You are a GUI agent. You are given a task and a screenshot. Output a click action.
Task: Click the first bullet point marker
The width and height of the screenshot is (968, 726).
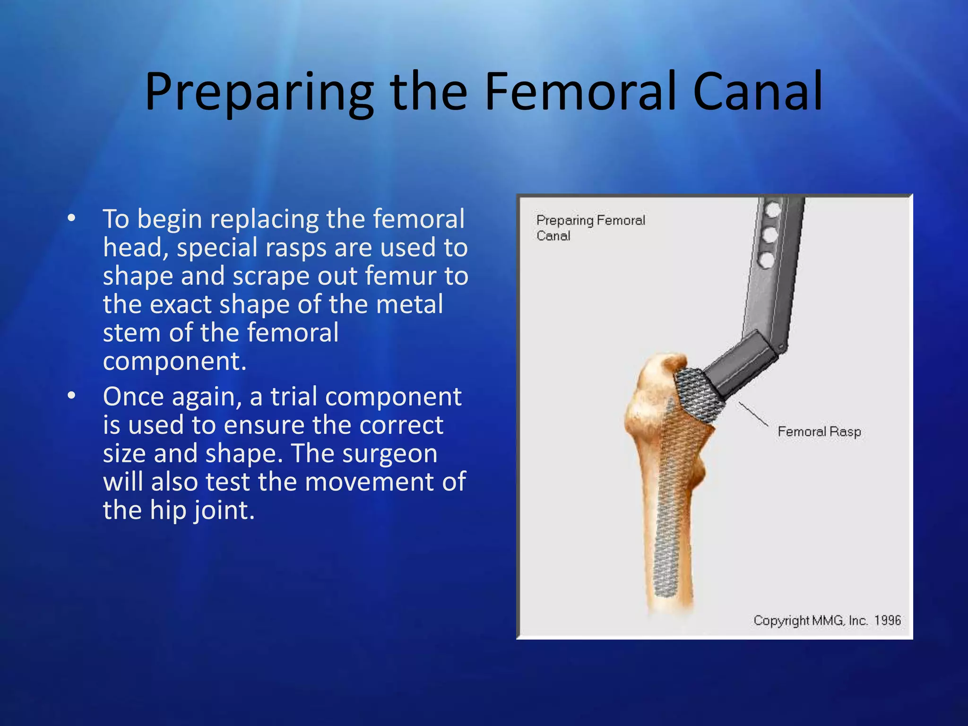71,218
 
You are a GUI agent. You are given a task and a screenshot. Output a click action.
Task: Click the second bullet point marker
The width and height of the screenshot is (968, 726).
71,396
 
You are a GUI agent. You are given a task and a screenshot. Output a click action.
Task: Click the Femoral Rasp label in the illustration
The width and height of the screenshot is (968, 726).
819,432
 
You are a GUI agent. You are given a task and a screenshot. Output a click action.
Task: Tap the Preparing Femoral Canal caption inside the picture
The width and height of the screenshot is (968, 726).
590,227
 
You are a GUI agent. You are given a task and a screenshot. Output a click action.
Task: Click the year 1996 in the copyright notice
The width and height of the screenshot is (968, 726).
887,620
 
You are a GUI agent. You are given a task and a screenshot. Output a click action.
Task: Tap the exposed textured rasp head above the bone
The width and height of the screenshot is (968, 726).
695,392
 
